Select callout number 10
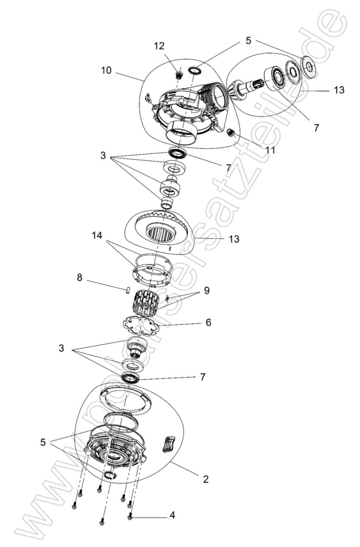(106, 70)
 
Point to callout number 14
(97, 235)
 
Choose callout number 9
(207, 291)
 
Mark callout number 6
(208, 323)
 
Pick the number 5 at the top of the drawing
(248, 40)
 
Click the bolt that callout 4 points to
(130, 515)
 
